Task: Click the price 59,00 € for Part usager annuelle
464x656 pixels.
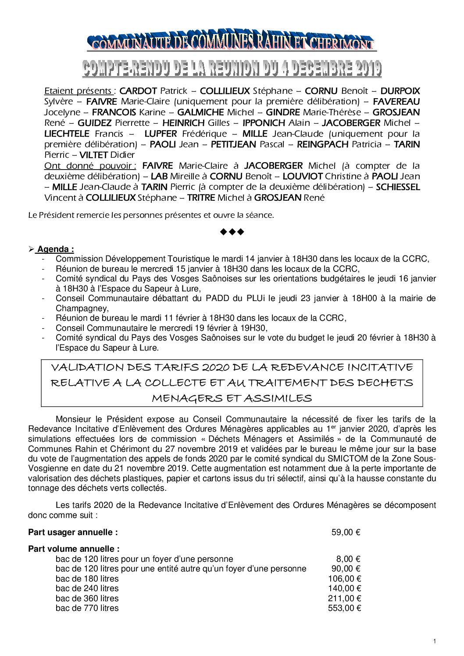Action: pyautogui.click(x=346, y=532)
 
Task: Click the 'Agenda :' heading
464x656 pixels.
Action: pyautogui.click(x=55, y=249)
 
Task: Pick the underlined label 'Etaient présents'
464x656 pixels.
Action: pyautogui.click(x=78, y=91)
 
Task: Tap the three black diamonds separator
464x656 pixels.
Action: pyautogui.click(x=232, y=231)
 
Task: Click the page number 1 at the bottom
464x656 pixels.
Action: pyautogui.click(x=434, y=642)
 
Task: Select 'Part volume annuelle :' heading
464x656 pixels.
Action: pyautogui.click(x=74, y=549)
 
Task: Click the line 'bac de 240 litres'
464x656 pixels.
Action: pyautogui.click(x=87, y=589)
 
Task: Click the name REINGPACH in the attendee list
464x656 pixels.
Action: pyautogui.click(x=323, y=144)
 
